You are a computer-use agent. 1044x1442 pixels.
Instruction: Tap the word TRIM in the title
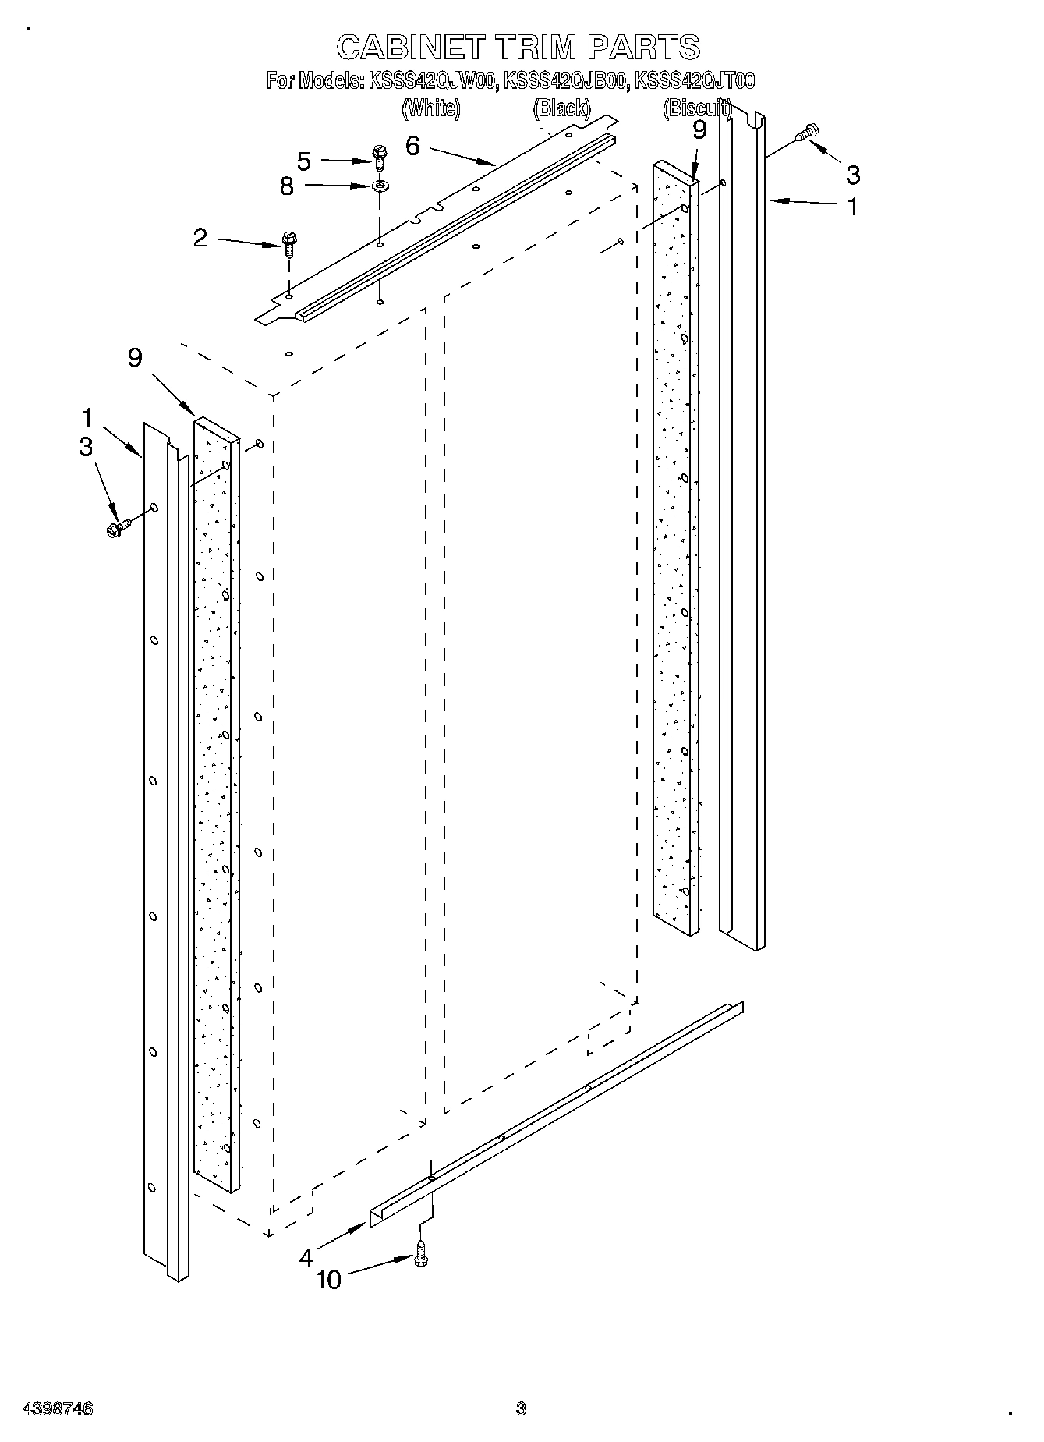coord(536,48)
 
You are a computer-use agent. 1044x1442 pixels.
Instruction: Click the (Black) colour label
coord(561,108)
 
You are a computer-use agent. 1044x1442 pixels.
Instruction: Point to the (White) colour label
coord(430,108)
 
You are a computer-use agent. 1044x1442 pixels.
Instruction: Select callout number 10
coord(329,1280)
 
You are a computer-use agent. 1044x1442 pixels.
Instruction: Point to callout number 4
coord(306,1257)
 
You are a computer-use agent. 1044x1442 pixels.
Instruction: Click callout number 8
coord(287,186)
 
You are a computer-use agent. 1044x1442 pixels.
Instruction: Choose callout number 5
coord(304,161)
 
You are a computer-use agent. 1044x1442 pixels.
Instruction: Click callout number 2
coord(200,238)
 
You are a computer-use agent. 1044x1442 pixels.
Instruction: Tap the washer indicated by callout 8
coord(380,186)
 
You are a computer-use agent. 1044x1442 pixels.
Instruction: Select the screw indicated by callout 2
coord(288,245)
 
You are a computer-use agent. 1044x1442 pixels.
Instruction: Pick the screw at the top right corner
coord(807,134)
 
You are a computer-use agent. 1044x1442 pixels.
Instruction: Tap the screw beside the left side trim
coord(117,527)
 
